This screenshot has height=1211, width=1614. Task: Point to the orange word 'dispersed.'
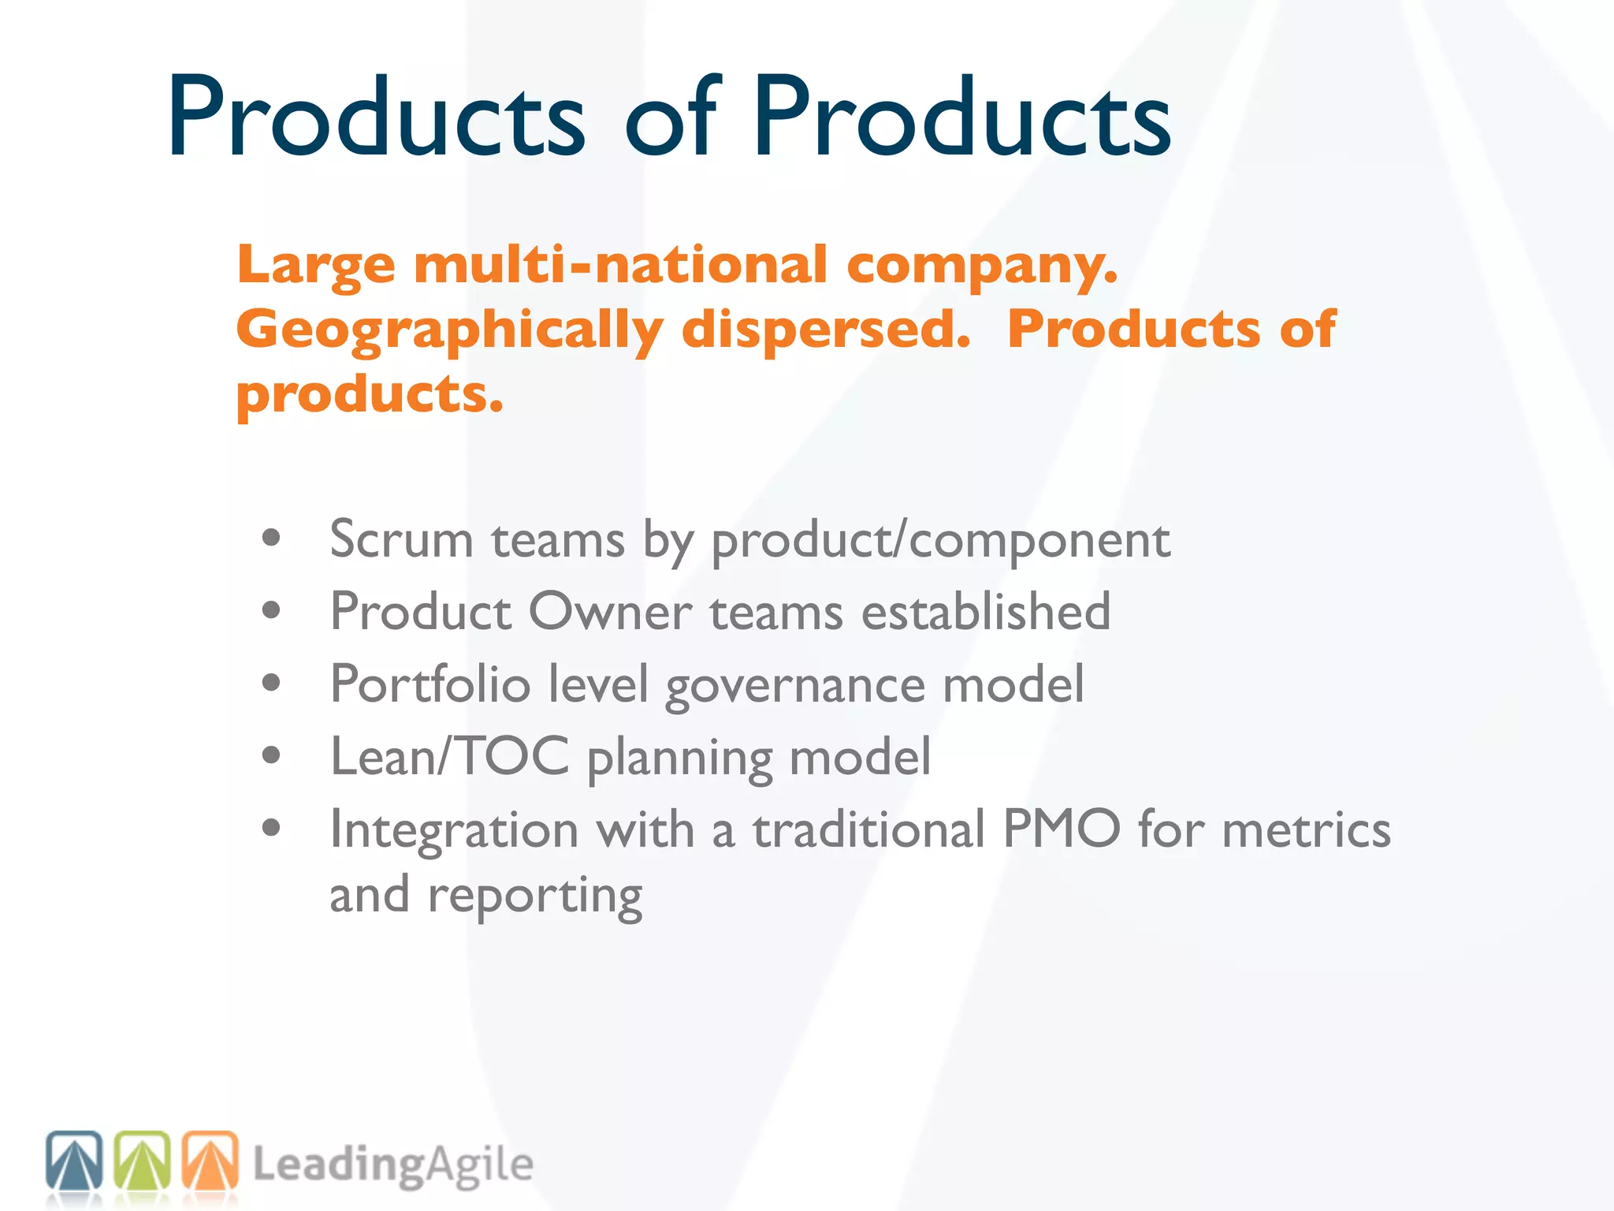pos(826,329)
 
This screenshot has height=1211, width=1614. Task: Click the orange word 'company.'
pos(982,266)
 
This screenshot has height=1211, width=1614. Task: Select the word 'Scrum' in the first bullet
pos(401,541)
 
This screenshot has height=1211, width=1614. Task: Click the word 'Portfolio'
pos(430,684)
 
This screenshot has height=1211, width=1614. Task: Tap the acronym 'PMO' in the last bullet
pos(1061,829)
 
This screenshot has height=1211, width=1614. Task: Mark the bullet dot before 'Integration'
pos(272,829)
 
